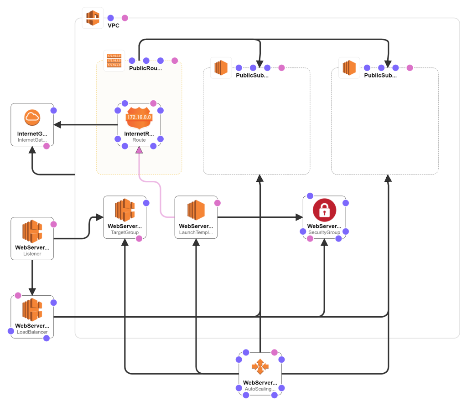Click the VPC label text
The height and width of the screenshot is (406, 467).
tap(114, 26)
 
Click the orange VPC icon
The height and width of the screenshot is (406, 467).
tap(93, 18)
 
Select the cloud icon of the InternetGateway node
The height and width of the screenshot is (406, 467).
tap(32, 118)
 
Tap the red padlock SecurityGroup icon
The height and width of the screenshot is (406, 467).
tap(324, 210)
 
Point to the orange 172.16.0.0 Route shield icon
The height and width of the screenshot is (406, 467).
tap(139, 118)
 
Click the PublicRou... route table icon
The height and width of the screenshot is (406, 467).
tap(114, 61)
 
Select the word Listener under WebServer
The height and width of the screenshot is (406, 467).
tap(32, 254)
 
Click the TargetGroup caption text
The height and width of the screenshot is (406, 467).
tap(125, 232)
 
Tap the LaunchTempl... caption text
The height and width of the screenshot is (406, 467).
tap(196, 232)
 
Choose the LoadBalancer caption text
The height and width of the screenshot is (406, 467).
tap(32, 332)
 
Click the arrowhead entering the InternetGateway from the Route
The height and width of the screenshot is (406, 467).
tap(57, 124)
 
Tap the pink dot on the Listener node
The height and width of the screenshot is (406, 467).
tap(53, 224)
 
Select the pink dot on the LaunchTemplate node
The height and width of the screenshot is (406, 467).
tap(217, 203)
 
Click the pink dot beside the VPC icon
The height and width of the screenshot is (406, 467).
tap(125, 18)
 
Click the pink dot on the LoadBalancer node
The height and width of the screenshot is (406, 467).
tap(18, 295)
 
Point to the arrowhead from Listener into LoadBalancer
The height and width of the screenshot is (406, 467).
tap(32, 292)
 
